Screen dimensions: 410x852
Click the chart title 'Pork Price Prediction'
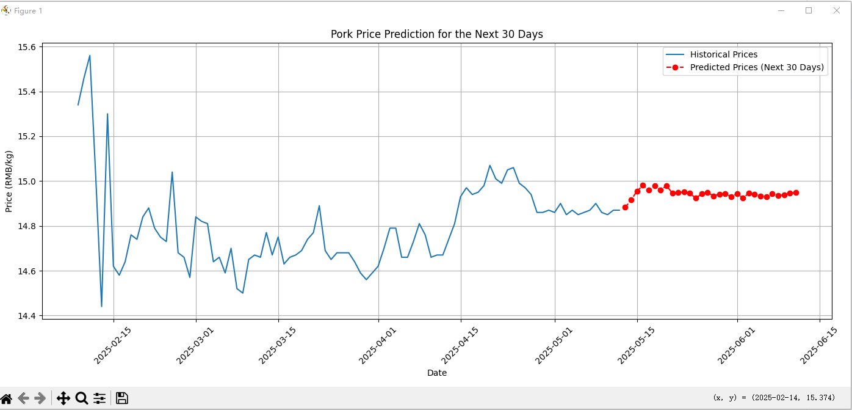436,34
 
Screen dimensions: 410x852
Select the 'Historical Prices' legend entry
723,54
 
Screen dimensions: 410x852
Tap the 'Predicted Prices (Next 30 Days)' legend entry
757,67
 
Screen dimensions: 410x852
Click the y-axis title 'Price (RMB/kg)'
9,181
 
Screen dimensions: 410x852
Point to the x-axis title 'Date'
436,373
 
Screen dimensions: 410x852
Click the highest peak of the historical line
90,56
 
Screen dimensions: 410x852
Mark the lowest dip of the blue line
101,306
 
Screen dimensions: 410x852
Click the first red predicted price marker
625,207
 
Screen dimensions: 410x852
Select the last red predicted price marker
796,192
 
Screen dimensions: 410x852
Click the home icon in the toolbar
7,398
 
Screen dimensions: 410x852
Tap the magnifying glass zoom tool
81,398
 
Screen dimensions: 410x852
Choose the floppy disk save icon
121,398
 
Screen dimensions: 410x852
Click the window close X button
837,10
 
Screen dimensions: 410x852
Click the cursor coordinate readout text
773,398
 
